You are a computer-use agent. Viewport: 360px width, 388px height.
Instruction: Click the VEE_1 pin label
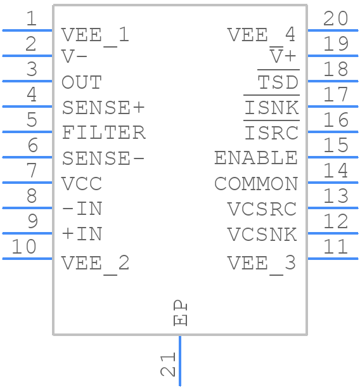(95, 34)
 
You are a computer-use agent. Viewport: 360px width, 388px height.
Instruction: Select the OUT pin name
(81, 82)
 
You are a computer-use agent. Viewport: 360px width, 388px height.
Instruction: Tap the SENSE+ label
(103, 108)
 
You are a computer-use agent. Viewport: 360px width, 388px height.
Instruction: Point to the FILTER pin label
(103, 133)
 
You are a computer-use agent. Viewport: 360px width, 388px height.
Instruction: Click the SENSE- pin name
(103, 158)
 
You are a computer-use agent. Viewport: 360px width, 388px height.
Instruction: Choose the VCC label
(81, 184)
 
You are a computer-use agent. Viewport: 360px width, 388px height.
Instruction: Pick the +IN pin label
(82, 234)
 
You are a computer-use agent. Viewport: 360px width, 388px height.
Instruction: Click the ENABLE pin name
(256, 158)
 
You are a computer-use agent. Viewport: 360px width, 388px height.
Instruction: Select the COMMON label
(256, 184)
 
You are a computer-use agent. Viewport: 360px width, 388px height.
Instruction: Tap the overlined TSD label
(278, 82)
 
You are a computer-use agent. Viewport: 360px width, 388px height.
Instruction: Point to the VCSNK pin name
(262, 234)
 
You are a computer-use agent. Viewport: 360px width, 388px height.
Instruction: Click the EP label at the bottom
(181, 313)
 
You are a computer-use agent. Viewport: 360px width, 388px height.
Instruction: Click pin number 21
(167, 366)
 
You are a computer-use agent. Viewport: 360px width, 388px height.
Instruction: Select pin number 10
(24, 247)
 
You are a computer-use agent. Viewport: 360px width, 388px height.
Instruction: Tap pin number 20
(335, 19)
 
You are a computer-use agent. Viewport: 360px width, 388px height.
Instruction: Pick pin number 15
(335, 145)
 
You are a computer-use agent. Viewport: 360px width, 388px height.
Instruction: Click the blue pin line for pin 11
(332, 258)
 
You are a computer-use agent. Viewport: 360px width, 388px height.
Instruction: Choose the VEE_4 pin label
(261, 34)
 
